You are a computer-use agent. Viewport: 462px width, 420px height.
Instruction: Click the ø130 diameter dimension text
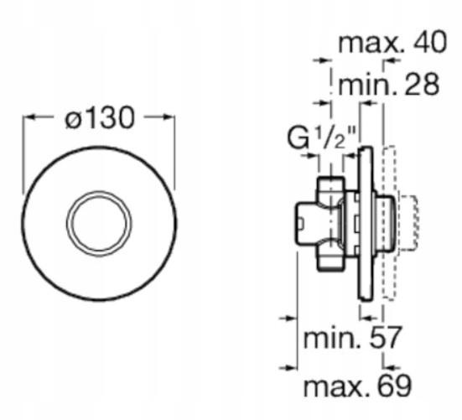tap(100, 118)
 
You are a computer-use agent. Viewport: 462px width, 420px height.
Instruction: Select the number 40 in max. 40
tap(430, 43)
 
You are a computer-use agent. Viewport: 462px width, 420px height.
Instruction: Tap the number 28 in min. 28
tap(422, 85)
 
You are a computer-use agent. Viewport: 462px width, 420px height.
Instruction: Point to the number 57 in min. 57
tap(385, 337)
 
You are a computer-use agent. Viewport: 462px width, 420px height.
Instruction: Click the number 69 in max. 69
tap(394, 386)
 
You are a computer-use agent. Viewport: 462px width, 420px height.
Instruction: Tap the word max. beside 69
tap(336, 388)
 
